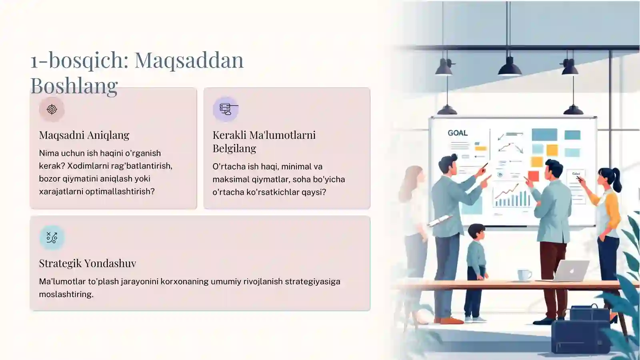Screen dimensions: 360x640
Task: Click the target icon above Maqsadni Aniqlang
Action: tap(52, 109)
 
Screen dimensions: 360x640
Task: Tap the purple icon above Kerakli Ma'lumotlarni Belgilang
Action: tap(226, 109)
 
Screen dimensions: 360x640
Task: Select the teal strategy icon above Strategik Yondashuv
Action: tap(52, 238)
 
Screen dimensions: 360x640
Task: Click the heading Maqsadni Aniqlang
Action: tap(84, 135)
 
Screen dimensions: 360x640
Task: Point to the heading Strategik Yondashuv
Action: tap(87, 263)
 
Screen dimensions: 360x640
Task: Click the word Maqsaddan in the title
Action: tap(189, 60)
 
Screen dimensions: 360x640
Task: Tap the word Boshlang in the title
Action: tap(74, 86)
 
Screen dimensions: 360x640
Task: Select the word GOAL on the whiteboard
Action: tap(458, 133)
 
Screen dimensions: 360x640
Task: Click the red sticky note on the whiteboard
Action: tap(533, 176)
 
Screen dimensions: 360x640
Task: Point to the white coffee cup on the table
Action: tap(524, 275)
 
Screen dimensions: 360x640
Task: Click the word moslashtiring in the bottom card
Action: tap(66, 294)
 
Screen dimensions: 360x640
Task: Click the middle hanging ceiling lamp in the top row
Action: tap(509, 67)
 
